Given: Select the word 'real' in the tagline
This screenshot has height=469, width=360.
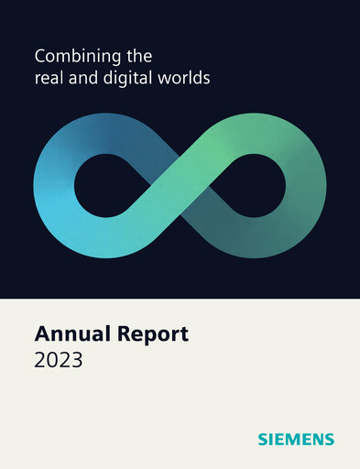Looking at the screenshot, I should pyautogui.click(x=48, y=79).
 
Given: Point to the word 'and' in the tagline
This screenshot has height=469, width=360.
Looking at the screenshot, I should pyautogui.click(x=82, y=79).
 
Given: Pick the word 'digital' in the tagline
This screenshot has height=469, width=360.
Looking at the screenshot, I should pyautogui.click(x=126, y=80).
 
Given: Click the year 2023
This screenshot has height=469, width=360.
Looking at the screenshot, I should pyautogui.click(x=59, y=360).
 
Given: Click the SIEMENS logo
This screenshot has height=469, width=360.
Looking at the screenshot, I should pyautogui.click(x=296, y=440).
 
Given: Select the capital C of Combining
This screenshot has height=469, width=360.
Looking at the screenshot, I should pyautogui.click(x=40, y=58).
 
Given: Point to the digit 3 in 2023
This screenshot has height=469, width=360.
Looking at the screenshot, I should pyautogui.click(x=76, y=360).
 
